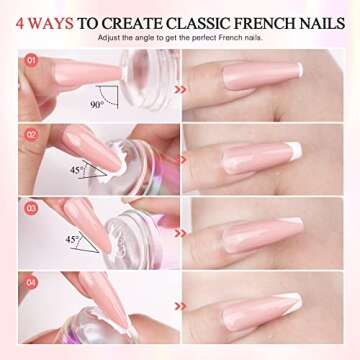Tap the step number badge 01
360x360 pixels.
tap(31, 61)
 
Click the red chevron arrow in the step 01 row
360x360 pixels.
tap(181, 88)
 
